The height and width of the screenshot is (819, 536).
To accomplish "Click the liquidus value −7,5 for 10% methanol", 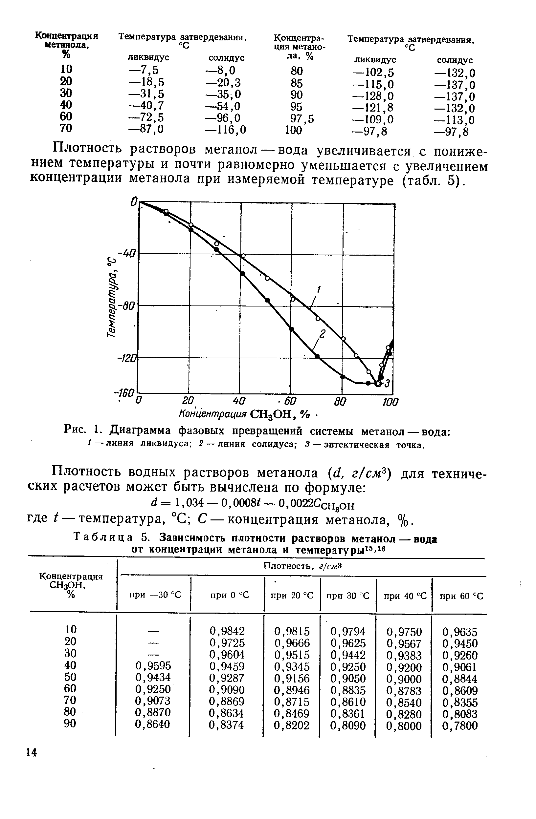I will pos(143,70).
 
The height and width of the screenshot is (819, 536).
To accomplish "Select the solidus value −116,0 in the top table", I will pos(226,129).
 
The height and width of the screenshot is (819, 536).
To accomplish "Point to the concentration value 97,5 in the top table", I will pos(302,119).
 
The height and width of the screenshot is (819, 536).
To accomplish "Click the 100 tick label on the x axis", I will pos(390,402).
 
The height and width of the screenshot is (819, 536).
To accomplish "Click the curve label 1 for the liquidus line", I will pos(319,289).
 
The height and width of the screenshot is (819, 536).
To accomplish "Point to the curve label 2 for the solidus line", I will pos(323,333).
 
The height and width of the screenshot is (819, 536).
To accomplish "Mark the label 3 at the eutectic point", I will pos(387,383).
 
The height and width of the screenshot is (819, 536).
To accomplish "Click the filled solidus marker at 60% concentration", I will pos(292,329).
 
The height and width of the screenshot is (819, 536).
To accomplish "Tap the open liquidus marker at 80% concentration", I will pos(343,339).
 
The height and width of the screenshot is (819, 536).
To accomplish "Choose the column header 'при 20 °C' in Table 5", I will pos(292,596).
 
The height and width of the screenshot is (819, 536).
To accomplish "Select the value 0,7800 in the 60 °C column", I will pos(460,726).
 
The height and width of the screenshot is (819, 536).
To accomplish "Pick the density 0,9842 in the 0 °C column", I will pos(227,631).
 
